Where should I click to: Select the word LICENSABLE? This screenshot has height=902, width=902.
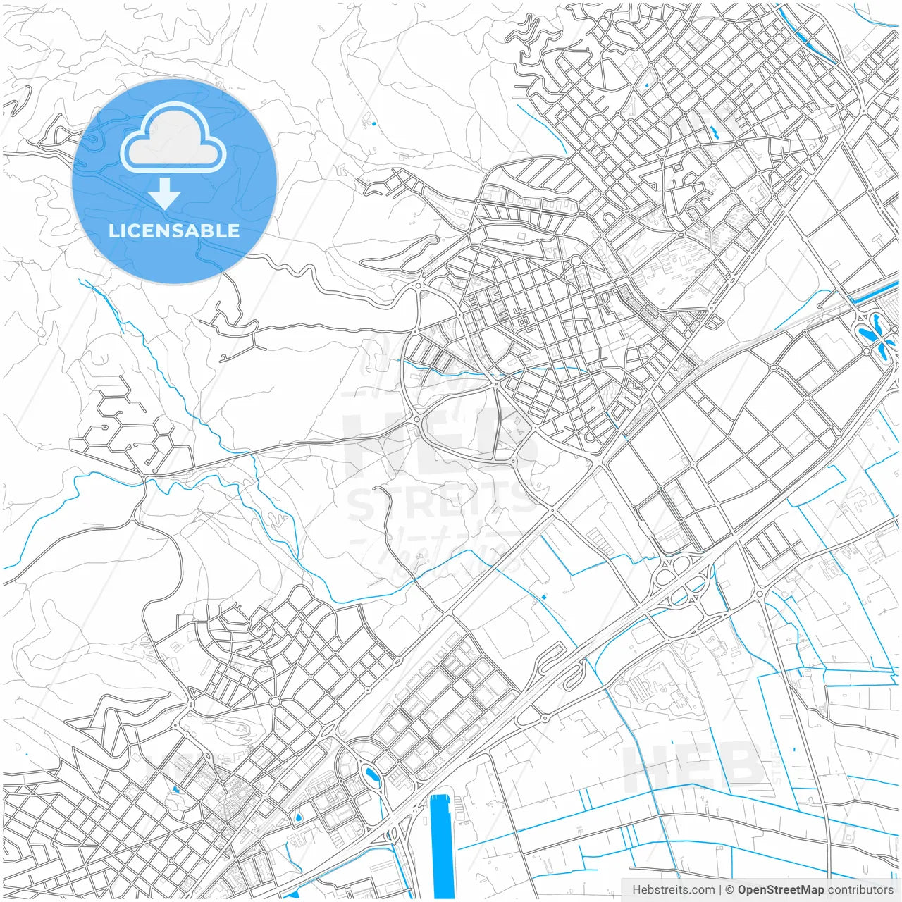pos(174,230)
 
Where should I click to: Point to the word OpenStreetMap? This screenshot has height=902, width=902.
pos(780,890)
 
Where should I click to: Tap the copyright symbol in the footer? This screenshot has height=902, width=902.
pos(730,890)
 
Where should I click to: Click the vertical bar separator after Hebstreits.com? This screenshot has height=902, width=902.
pos(719,890)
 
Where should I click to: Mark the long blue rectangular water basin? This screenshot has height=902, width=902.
pos(442,846)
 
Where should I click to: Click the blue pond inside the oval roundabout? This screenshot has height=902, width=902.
pos(371,777)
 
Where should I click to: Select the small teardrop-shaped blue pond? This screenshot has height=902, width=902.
pos(299,817)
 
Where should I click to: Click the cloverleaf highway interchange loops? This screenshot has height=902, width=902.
pos(680,581)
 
